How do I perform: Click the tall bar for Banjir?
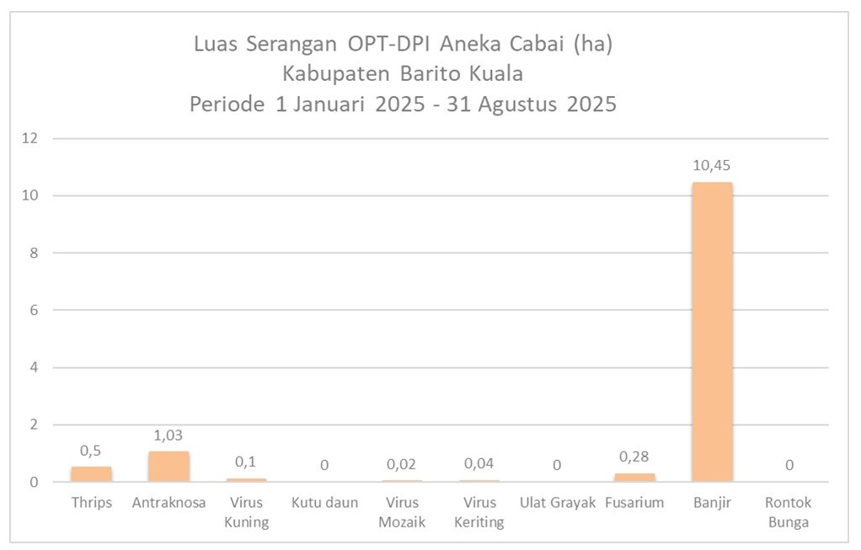tap(712, 332)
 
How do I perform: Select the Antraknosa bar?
tap(168, 467)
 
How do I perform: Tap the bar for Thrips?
tap(91, 474)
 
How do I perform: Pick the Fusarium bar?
tap(634, 478)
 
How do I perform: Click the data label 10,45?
tap(712, 166)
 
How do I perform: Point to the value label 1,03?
tap(168, 435)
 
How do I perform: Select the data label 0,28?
tap(634, 456)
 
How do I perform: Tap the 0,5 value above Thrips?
tap(91, 451)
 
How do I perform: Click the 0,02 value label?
tap(402, 464)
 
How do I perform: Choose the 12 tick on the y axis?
tap(33, 138)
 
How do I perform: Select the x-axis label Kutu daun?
tap(324, 503)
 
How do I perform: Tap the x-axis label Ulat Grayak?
tap(558, 503)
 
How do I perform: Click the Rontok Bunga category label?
tap(789, 512)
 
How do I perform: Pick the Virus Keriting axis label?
tap(479, 512)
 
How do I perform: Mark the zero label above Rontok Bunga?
tap(789, 464)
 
